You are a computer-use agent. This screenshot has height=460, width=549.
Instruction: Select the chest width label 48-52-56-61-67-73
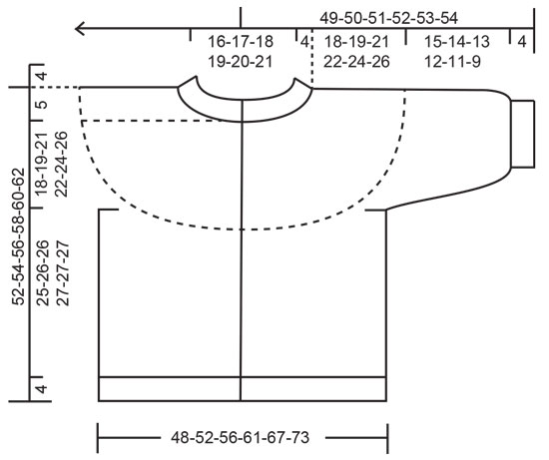coord(242,437)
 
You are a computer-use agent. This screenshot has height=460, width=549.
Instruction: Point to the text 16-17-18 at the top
coord(241,42)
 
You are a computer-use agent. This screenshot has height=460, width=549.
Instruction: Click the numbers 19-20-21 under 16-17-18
coord(241,61)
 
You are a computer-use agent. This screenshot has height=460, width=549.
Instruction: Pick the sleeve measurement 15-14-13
coord(456,42)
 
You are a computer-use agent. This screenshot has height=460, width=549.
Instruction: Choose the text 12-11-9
coord(456,61)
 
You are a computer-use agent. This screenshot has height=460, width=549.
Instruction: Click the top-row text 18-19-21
coord(357,42)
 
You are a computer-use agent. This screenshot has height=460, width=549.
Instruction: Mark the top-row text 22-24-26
coord(357,61)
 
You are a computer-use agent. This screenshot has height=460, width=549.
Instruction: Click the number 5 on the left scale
coord(41,105)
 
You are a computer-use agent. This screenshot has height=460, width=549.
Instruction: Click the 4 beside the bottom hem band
coord(41,387)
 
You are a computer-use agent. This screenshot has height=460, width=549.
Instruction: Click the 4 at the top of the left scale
coord(41,77)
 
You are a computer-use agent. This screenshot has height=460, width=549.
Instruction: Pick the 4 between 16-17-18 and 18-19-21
coord(303,42)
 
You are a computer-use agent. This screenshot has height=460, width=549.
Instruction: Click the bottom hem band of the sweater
coord(243,388)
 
